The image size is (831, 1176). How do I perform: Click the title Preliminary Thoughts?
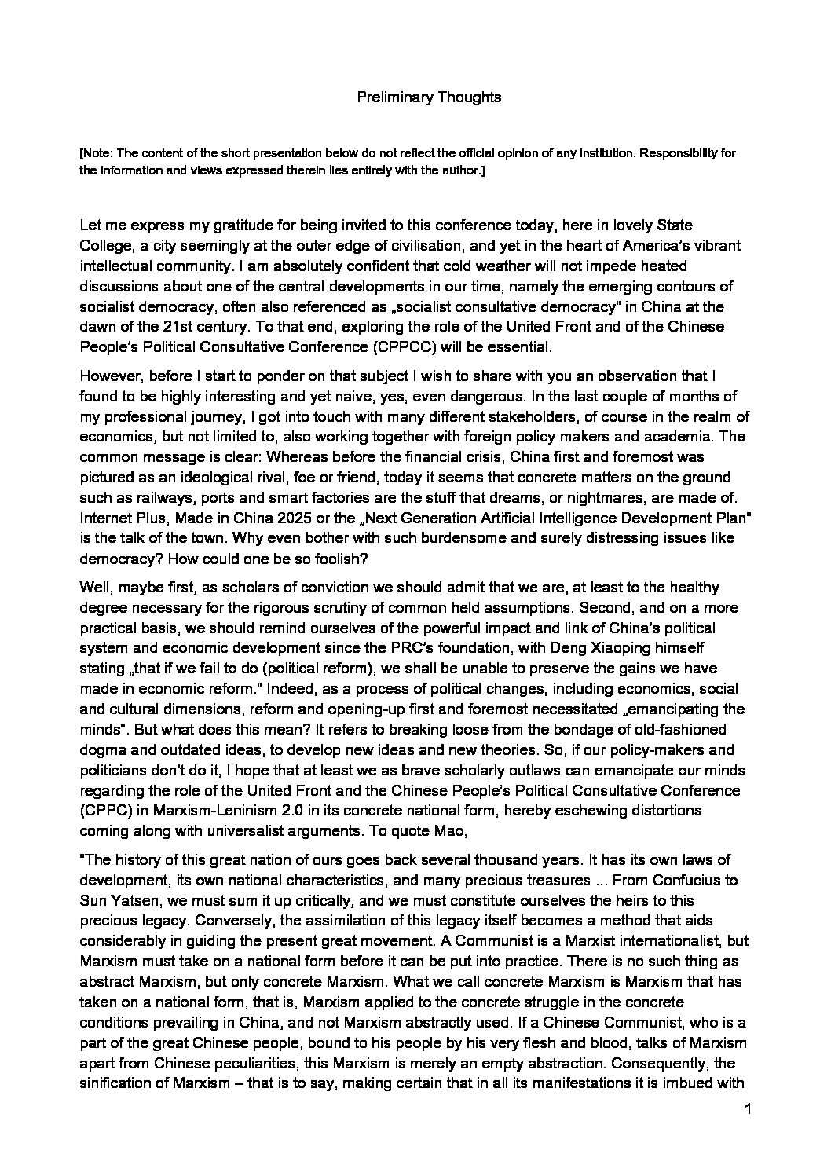point(429,97)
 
